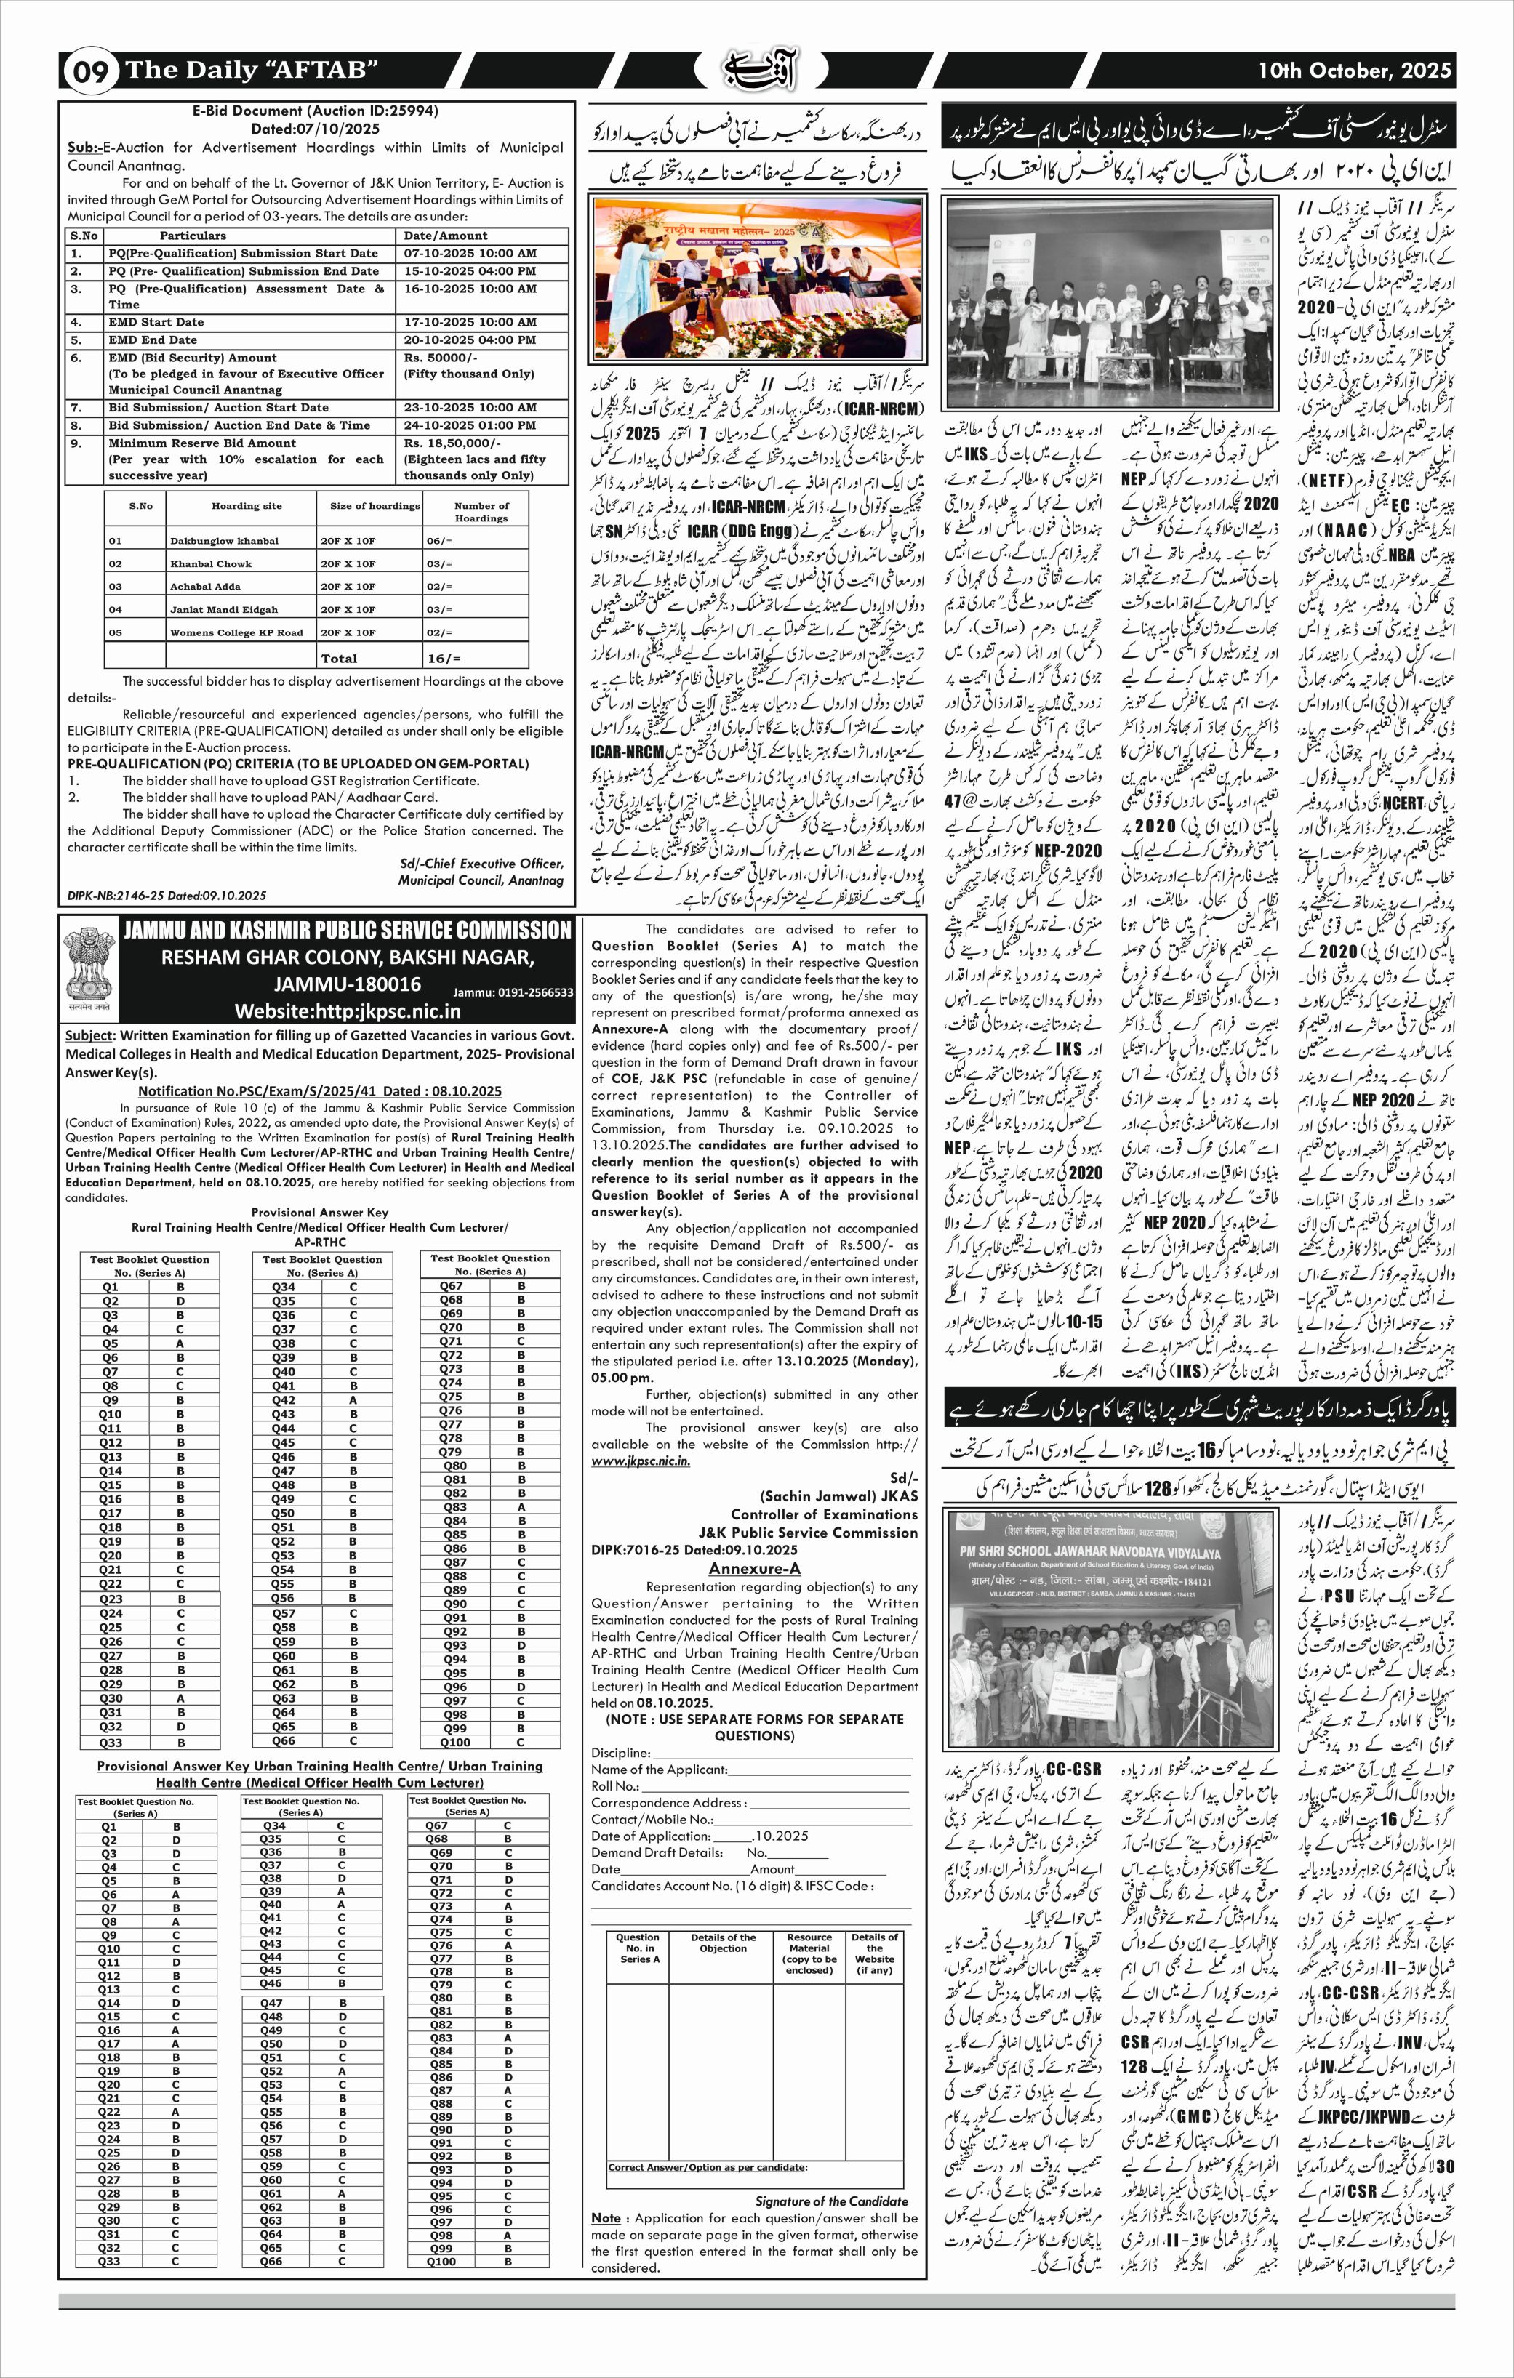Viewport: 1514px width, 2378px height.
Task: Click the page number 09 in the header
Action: click(x=90, y=72)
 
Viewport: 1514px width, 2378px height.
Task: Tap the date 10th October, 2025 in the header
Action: click(x=1354, y=70)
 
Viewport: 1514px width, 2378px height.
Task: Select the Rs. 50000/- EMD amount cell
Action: click(x=441, y=358)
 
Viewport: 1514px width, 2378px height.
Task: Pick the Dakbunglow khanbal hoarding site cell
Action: click(x=224, y=541)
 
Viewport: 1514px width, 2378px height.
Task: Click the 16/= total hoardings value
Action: click(x=444, y=658)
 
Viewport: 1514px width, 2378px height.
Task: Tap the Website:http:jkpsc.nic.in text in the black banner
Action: click(x=348, y=1011)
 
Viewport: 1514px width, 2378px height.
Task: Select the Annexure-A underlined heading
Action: click(x=755, y=1568)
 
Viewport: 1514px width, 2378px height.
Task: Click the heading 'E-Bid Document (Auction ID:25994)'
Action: click(x=315, y=111)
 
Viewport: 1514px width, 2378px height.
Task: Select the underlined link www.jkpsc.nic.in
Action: click(x=641, y=1461)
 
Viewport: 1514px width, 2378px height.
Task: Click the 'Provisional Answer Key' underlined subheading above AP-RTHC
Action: click(x=319, y=1212)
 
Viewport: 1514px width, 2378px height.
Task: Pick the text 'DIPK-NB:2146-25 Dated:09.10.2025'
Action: click(x=167, y=896)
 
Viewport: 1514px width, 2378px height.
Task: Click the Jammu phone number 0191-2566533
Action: click(x=513, y=992)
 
